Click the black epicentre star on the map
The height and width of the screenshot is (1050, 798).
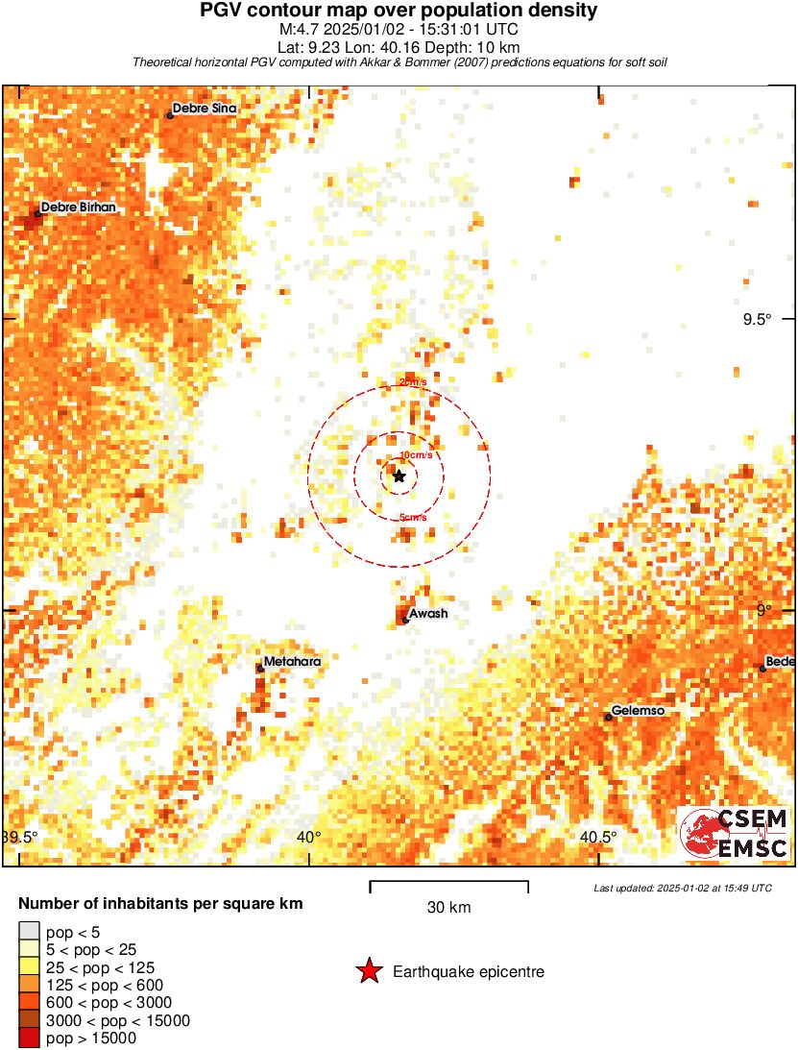click(x=399, y=476)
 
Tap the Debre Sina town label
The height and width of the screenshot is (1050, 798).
click(x=204, y=109)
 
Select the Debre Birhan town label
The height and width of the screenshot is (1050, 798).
click(x=79, y=207)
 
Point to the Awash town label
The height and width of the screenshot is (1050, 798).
click(x=428, y=613)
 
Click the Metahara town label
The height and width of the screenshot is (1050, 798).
click(x=292, y=661)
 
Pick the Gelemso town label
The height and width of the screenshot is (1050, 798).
click(x=638, y=711)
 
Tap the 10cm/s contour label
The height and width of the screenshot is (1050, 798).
click(x=415, y=454)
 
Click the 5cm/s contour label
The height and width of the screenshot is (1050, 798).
click(x=413, y=519)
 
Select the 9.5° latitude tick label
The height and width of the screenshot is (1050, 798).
click(x=757, y=320)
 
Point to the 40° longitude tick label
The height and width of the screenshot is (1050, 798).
click(x=309, y=837)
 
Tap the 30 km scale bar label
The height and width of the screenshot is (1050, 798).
click(x=448, y=907)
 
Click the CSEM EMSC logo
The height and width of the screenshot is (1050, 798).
click(x=736, y=833)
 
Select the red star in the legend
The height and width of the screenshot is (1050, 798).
click(x=369, y=972)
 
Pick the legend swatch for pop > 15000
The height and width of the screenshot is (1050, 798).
click(x=29, y=1038)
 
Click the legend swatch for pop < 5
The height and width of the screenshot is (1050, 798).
click(x=29, y=932)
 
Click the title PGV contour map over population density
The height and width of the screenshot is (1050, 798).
click(x=399, y=11)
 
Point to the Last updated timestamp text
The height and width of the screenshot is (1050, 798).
click(x=683, y=888)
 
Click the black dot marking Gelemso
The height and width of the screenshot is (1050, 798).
click(x=608, y=717)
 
